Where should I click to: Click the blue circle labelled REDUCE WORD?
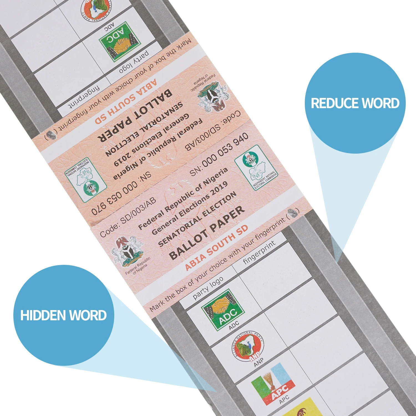tap(355, 103)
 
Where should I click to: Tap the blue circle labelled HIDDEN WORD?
tap(64, 315)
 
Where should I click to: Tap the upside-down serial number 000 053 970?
tap(122, 197)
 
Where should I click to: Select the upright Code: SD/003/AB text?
tap(128, 218)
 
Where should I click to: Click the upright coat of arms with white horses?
tap(127, 251)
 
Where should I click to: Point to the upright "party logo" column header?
tap(208, 288)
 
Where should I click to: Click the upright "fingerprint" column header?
tap(259, 252)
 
